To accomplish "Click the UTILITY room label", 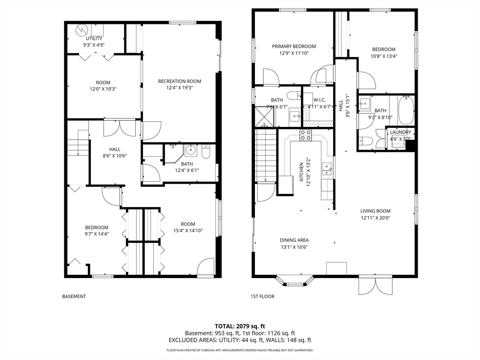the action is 94,38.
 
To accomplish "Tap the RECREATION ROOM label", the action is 180,81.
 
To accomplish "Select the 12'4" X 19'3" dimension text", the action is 180,88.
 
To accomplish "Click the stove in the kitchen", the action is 306,135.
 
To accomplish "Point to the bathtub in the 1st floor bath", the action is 406,110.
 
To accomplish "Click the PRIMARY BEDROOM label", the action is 294,46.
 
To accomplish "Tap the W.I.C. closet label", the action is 319,100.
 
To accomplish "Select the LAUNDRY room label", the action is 400,132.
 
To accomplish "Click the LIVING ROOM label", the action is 375,211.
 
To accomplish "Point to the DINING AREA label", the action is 294,240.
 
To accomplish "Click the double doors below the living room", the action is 375,285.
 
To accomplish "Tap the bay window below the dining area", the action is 295,281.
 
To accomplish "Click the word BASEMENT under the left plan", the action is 74,296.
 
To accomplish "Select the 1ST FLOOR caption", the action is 262,296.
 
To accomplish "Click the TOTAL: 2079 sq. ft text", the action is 238,326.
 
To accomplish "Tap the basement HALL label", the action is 115,150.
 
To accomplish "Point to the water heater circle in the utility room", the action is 82,30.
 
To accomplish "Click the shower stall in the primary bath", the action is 265,116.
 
